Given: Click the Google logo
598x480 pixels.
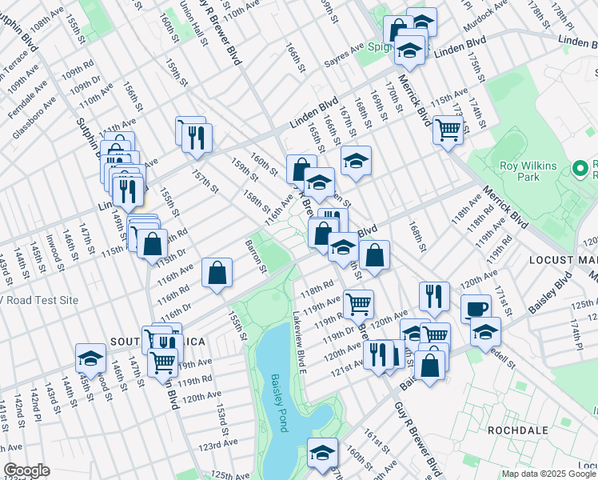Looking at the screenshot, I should (26, 470).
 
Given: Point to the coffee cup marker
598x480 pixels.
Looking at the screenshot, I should (476, 308).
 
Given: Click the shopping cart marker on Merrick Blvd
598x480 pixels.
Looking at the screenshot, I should (448, 128).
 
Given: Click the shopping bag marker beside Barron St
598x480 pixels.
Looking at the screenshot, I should (217, 273).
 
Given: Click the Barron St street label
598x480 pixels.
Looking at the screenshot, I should (255, 255).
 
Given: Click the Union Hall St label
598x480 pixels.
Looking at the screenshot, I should (189, 18).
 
